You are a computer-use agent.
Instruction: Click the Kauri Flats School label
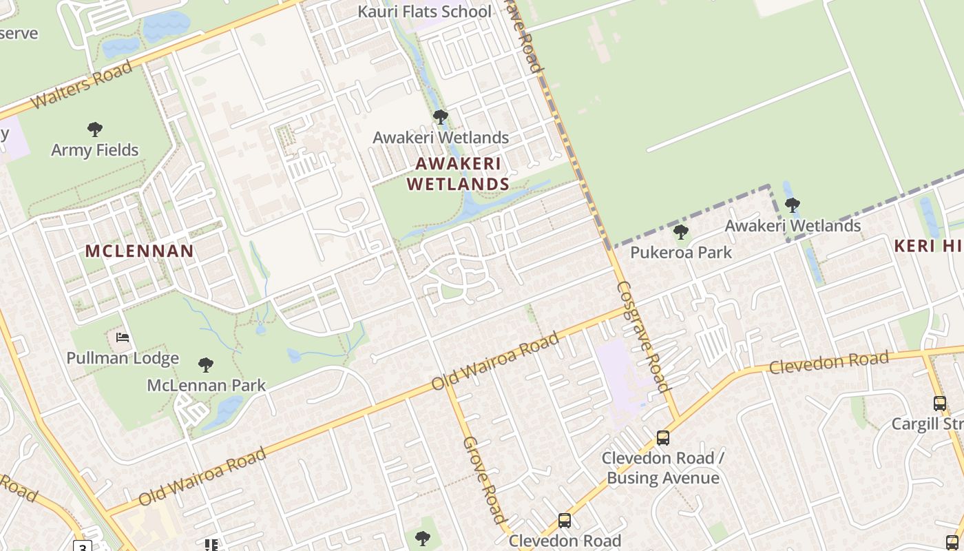[x=425, y=12]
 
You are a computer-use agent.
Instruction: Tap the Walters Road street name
[x=81, y=85]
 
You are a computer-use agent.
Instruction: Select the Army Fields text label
[x=95, y=149]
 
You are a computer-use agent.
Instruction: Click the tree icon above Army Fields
[x=95, y=129]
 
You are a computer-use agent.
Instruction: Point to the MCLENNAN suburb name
[x=140, y=251]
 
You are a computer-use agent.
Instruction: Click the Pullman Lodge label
[x=123, y=358]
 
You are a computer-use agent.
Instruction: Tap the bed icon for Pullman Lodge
[x=123, y=337]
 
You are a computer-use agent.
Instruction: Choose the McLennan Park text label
[x=207, y=385]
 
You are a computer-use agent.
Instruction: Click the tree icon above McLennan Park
[x=205, y=364]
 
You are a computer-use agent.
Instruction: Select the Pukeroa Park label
[x=682, y=252]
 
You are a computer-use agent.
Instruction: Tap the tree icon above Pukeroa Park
[x=681, y=232]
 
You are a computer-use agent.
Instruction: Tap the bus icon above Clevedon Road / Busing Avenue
[x=663, y=437]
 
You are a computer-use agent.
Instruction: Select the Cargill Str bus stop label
[x=927, y=423]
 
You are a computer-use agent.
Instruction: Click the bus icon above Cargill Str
[x=940, y=404]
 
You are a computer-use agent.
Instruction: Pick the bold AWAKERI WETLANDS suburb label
[x=458, y=174]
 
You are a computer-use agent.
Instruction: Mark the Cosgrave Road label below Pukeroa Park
[x=643, y=336]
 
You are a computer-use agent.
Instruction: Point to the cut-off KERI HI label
[x=928, y=246]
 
